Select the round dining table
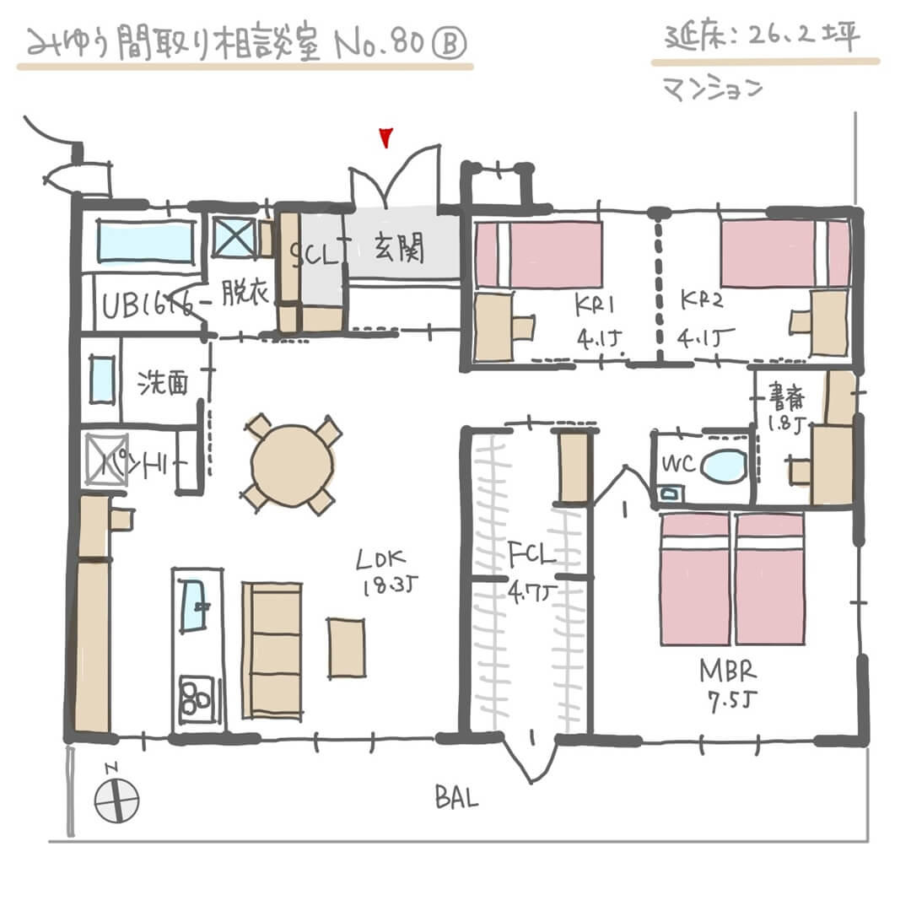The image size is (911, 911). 292,465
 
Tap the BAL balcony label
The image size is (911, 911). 456,797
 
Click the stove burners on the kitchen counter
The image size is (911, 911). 197,696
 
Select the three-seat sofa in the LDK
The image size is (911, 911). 272,650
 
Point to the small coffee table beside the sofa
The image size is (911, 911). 347,647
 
